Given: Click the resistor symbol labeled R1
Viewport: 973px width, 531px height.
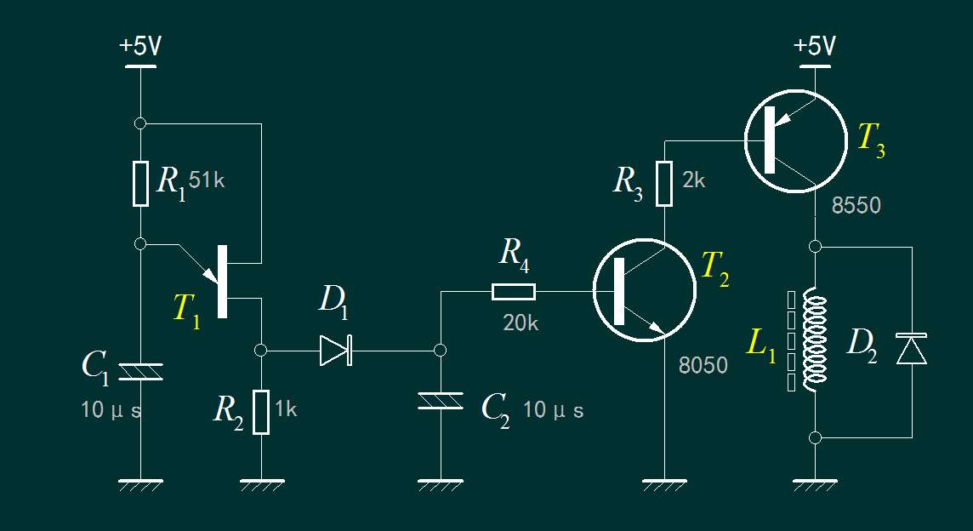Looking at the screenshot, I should point(141,184).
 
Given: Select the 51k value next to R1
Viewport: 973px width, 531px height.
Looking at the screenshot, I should point(207,180).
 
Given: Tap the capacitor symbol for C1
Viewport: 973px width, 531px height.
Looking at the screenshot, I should point(141,371).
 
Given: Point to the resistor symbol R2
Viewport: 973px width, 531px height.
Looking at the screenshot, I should point(261,412).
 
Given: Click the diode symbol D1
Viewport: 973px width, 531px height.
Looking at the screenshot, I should point(337,350).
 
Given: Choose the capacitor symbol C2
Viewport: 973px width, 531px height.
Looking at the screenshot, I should point(441,400).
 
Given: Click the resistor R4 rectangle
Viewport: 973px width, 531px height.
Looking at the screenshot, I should point(514,293).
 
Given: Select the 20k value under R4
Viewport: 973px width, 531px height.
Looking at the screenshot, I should point(521,323).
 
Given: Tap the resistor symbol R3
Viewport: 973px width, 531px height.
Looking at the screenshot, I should point(664,184).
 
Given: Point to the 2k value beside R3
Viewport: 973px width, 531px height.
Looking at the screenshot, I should point(694,180).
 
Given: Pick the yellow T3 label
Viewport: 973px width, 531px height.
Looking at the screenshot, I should point(870,138).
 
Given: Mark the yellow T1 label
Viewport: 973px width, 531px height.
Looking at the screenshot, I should point(186,308).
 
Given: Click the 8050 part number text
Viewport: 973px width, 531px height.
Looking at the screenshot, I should point(703,366).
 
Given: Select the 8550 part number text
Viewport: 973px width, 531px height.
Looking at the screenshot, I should point(856,205).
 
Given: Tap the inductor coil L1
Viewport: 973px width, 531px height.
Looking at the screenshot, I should point(816,340).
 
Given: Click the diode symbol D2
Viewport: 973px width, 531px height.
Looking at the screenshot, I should point(912,350).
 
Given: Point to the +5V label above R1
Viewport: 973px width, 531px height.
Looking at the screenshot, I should point(140,47).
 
